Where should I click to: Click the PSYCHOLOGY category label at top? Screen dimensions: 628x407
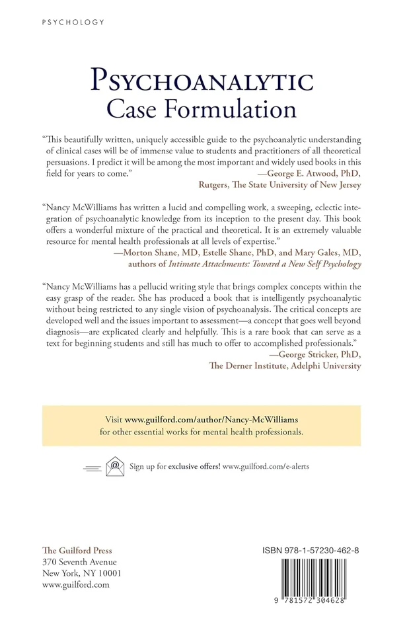pyautogui.click(x=73, y=22)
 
